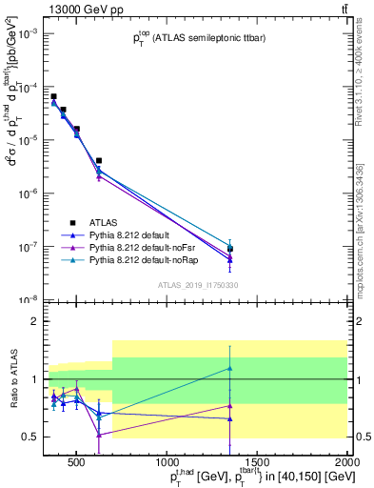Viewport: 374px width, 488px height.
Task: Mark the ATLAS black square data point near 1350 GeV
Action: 230,249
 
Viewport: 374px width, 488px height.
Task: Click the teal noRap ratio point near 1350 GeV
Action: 230,368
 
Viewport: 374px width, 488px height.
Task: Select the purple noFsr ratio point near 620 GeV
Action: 99,435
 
